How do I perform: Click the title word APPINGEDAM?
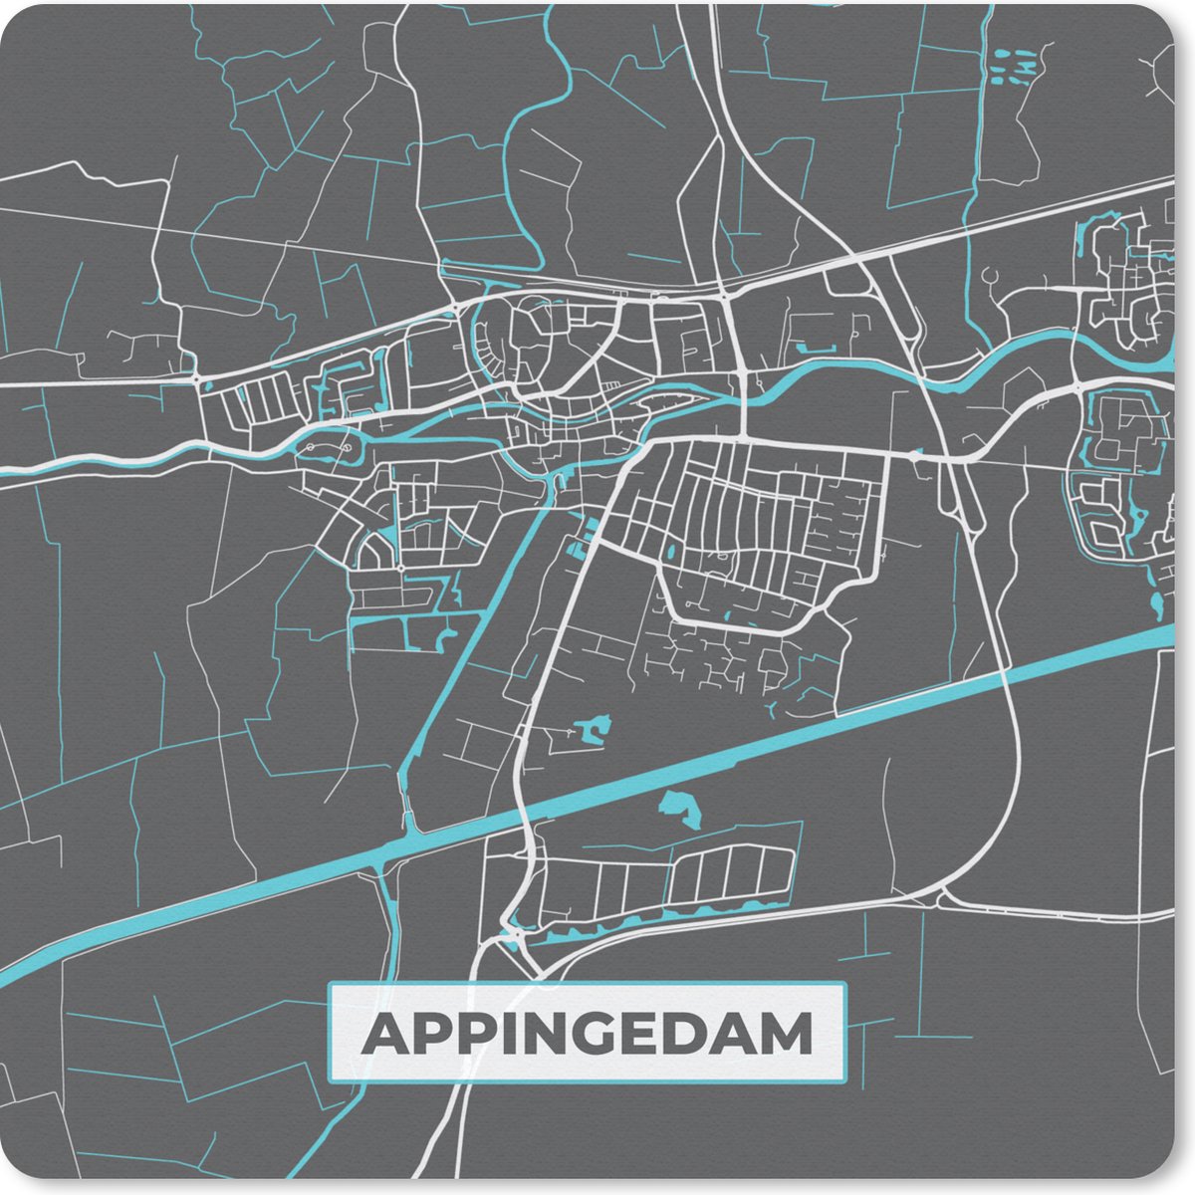pyautogui.click(x=587, y=1035)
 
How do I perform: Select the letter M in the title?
pyautogui.click(x=786, y=1035)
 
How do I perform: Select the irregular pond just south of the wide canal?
pyautogui.click(x=682, y=809)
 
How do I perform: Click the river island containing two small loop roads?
pyautogui.click(x=329, y=450)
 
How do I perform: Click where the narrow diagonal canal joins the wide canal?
pyautogui.click(x=408, y=835)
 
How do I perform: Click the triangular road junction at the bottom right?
pyautogui.click(x=939, y=899)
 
